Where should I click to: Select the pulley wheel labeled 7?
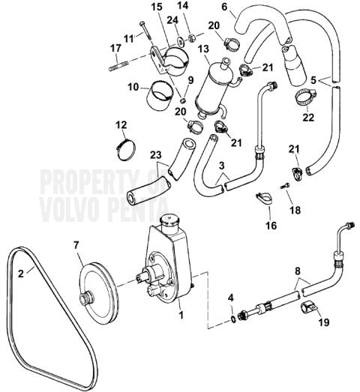[99, 292]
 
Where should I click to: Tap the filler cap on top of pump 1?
[169, 222]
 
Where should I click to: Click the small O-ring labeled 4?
[233, 319]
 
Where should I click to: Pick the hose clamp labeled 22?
[305, 97]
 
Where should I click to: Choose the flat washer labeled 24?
[179, 40]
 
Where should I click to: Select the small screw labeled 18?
[285, 187]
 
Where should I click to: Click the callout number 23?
[155, 155]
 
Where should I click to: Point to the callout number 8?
[297, 271]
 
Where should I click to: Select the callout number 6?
[224, 7]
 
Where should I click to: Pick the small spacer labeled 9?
[183, 100]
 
